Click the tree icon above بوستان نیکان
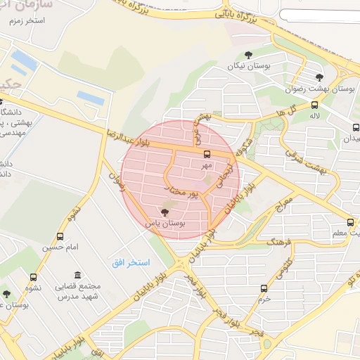point(247,55)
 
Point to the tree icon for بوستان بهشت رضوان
point(320,77)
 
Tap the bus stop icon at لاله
point(314,105)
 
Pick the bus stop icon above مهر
point(206,154)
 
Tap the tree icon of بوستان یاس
point(165,211)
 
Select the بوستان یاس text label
point(165,222)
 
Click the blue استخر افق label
point(129,262)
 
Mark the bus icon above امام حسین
point(59,236)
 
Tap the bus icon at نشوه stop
point(33,277)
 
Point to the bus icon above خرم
point(264,288)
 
